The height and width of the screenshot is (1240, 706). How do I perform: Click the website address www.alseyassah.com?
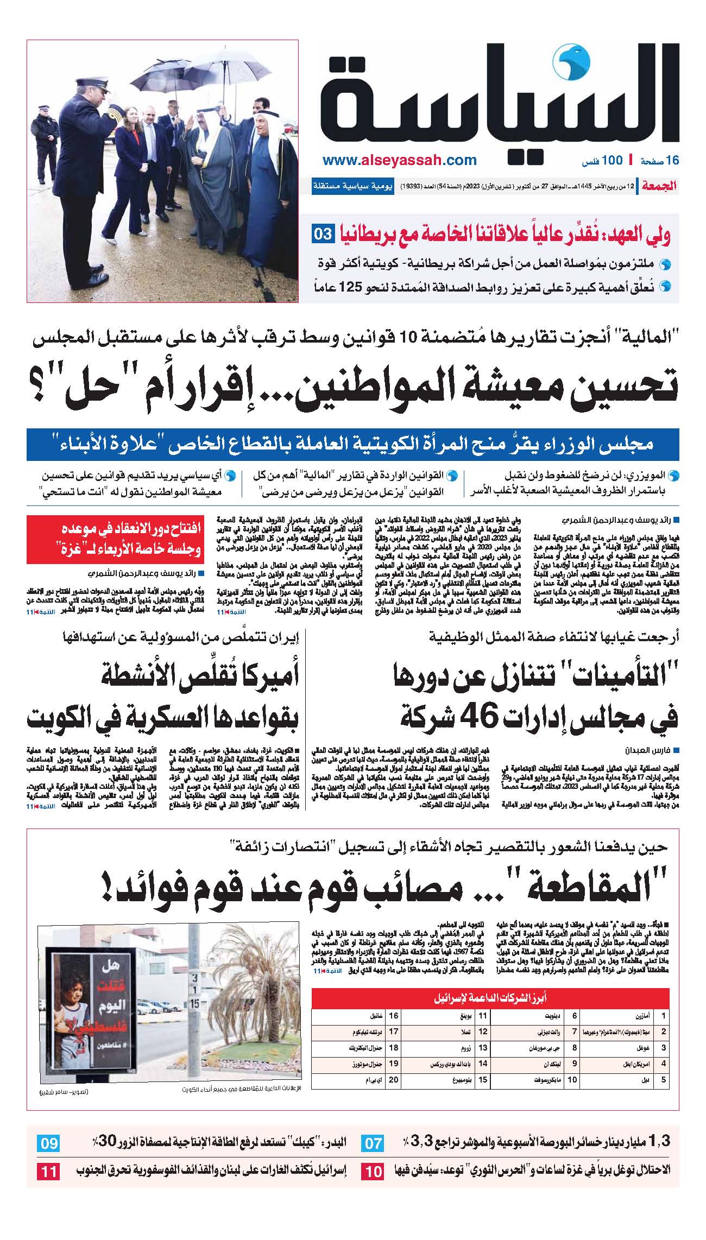pos(399,161)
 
